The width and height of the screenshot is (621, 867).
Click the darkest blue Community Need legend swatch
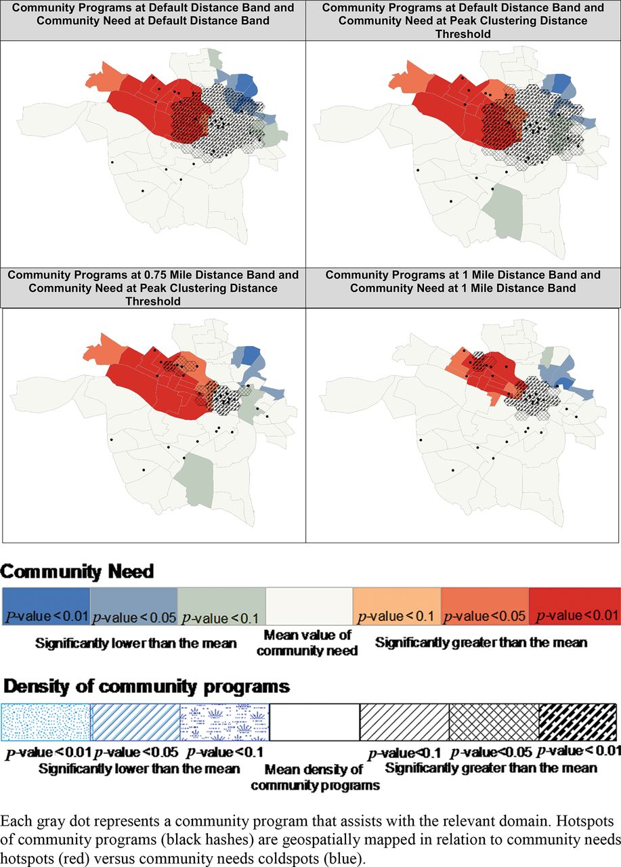point(46,606)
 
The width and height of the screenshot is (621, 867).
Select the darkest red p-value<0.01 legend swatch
point(574,606)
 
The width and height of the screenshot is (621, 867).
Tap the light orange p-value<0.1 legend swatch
point(397,606)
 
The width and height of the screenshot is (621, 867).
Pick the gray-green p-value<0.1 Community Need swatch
point(221,606)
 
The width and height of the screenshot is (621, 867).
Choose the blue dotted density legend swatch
point(45,722)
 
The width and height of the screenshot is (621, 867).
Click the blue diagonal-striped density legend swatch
point(135,722)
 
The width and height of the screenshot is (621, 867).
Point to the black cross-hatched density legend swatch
point(494,722)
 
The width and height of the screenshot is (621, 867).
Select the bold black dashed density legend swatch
point(578,722)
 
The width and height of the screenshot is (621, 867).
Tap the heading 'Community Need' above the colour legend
point(77,572)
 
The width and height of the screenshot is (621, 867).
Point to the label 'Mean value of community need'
point(307,643)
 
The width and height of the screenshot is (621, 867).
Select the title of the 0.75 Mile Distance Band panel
point(153,288)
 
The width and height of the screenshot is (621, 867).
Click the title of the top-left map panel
point(153,14)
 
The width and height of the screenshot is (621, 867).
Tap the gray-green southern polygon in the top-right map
point(503,211)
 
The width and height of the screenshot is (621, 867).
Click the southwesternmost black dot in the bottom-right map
point(453,471)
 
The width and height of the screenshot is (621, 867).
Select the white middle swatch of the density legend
point(314,722)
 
